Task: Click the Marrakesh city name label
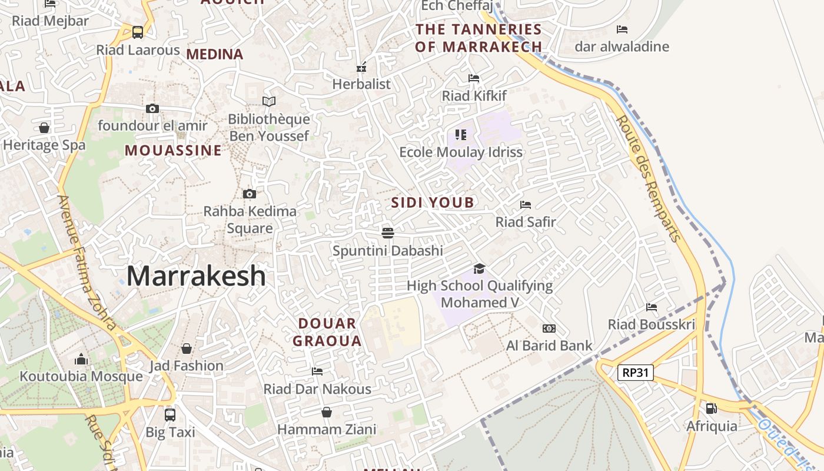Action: tap(196, 276)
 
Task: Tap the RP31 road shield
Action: tap(636, 372)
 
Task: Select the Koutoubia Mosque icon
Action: tap(81, 359)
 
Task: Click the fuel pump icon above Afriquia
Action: tap(711, 408)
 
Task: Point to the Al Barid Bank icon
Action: tap(549, 329)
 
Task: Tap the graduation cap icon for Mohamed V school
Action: tap(479, 268)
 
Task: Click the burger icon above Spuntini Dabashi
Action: tap(387, 233)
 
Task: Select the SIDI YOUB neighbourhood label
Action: tap(433, 203)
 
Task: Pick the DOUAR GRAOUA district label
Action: tap(327, 332)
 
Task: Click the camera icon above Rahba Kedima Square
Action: tap(250, 194)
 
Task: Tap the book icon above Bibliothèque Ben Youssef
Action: tap(269, 101)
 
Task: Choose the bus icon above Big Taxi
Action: tap(170, 414)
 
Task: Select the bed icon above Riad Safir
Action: tap(526, 205)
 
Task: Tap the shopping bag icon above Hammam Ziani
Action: tap(326, 412)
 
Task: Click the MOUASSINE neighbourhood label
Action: tap(173, 151)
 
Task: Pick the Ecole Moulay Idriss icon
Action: tap(461, 135)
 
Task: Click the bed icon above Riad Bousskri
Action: tap(652, 307)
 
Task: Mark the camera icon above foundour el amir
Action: tap(152, 108)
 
